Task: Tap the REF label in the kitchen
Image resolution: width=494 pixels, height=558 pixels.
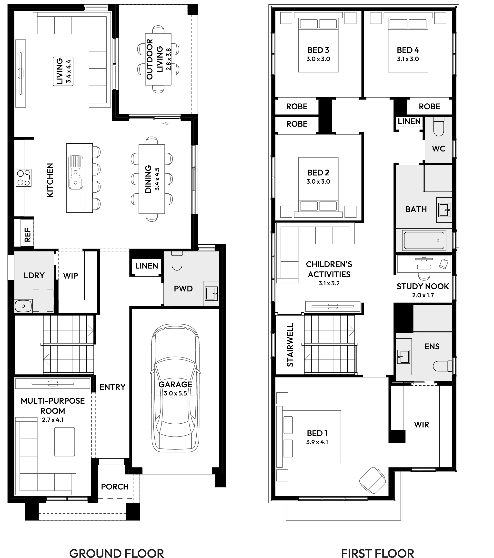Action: pyautogui.click(x=27, y=235)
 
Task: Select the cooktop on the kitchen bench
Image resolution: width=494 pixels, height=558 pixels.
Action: pyautogui.click(x=23, y=178)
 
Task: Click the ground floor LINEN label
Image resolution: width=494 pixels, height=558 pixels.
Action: pyautogui.click(x=146, y=266)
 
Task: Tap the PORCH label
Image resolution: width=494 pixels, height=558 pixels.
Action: pyautogui.click(x=115, y=487)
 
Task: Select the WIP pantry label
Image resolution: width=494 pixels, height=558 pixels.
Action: pyautogui.click(x=71, y=276)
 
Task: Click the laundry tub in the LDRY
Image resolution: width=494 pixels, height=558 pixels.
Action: pyautogui.click(x=23, y=306)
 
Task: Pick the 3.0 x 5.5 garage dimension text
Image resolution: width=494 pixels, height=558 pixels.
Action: pyautogui.click(x=175, y=393)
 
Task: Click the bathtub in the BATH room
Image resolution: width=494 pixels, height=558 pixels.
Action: pyautogui.click(x=423, y=240)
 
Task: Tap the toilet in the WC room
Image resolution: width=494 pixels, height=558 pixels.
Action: pyautogui.click(x=439, y=127)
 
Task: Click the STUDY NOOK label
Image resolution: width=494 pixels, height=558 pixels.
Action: pyautogui.click(x=423, y=286)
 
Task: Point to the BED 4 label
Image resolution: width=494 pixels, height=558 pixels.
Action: pyautogui.click(x=408, y=50)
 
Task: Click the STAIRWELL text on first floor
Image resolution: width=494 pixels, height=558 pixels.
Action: pyautogui.click(x=290, y=345)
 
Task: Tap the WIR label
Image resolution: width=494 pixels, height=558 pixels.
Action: pyautogui.click(x=421, y=425)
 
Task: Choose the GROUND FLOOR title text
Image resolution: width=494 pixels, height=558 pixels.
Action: pyautogui.click(x=117, y=553)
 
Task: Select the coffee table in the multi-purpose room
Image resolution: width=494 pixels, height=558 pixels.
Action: pyautogui.click(x=64, y=442)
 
